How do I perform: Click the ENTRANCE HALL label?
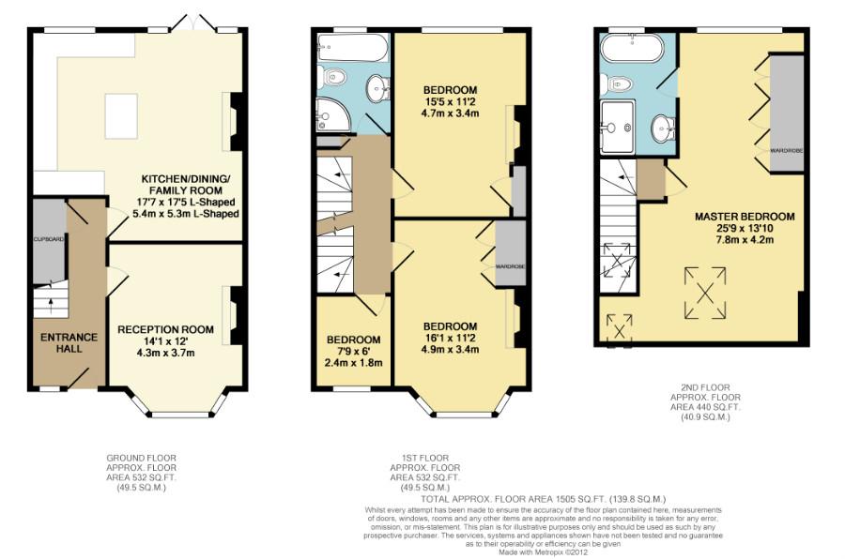(69, 342)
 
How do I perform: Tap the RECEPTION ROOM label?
(165, 330)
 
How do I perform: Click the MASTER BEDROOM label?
(745, 216)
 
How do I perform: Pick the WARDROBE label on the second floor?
(786, 150)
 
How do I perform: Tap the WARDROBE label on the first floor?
(510, 267)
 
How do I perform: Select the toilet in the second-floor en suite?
(620, 83)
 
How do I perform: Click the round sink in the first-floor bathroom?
(377, 86)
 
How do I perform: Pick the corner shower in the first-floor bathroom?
(333, 113)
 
